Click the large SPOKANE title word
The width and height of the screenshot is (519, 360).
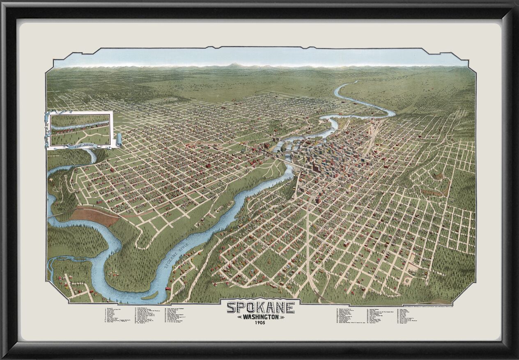[260, 307]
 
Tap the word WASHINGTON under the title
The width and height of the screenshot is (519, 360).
[260, 317]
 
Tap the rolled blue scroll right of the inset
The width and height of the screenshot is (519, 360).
[118, 140]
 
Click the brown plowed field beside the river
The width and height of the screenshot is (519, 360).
[95, 216]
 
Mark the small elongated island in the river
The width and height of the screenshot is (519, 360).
[150, 295]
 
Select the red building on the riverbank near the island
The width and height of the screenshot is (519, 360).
[168, 290]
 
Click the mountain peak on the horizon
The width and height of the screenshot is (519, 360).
[234, 65]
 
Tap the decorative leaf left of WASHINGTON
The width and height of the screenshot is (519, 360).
[239, 317]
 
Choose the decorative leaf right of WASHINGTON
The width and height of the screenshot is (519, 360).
[282, 317]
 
